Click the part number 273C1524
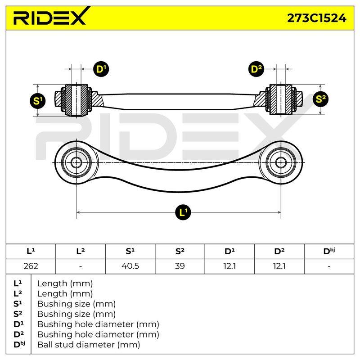pos(317,18)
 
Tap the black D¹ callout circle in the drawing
pos(101,69)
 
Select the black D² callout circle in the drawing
pos(256,69)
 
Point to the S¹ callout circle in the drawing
pos(38,101)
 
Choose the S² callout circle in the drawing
pos(320,99)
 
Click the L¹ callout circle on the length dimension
pos(183,212)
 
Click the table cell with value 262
pos(31,266)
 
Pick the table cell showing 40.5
pos(130,266)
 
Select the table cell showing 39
pos(180,266)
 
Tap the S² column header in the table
pos(180,252)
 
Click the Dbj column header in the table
pos(329,252)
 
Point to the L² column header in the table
pos(81,252)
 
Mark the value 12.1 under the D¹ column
pos(229,266)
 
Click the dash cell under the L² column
pos(81,266)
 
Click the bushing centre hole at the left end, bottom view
pos(76,163)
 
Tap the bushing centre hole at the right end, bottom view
pos(280,163)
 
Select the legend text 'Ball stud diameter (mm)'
pos(89,345)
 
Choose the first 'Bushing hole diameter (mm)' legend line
pos(98,324)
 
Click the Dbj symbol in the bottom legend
pos(19,344)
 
